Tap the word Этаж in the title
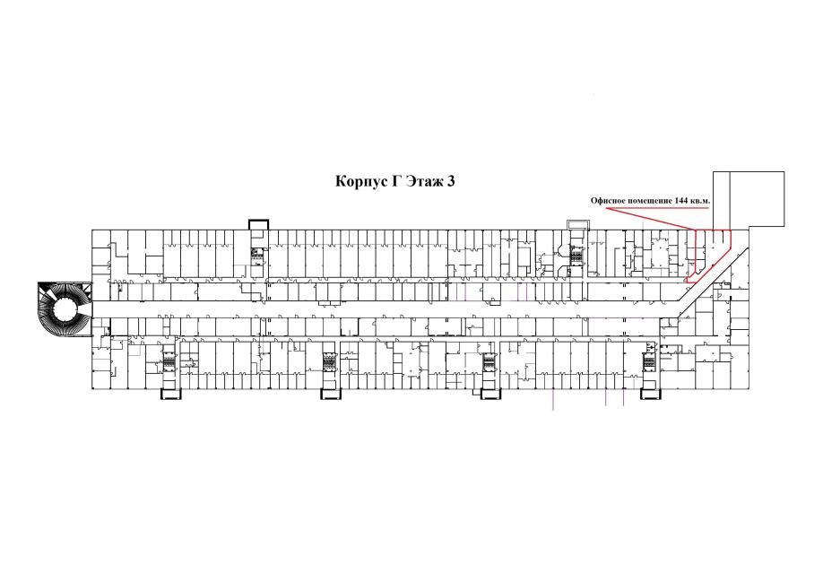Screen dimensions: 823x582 424,181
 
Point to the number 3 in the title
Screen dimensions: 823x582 451,181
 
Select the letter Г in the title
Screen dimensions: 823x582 396,181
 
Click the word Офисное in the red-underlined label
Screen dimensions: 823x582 606,201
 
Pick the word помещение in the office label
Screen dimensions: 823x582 641,201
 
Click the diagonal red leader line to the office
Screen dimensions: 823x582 650,218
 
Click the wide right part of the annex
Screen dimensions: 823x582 757,199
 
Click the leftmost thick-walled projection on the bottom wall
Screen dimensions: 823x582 170,394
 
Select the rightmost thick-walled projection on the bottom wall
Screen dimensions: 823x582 650,394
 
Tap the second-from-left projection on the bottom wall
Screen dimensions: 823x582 331,394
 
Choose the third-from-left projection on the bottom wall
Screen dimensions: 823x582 491,394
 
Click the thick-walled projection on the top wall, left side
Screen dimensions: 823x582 258,224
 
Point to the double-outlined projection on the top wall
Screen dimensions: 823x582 578,224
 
